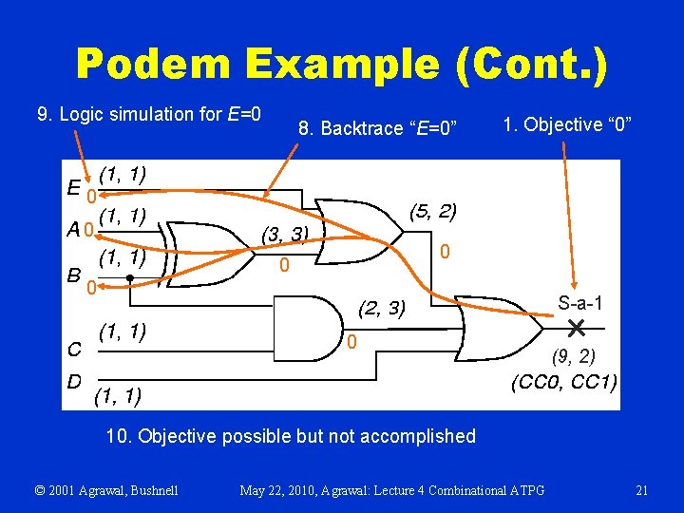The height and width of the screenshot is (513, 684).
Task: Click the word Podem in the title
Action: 154,64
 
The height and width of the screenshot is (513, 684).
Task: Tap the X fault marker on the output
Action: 575,329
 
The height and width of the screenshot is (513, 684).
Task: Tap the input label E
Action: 73,186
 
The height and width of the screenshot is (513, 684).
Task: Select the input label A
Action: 73,229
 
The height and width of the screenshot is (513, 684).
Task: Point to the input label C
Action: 73,348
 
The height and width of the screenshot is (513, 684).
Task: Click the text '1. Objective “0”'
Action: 568,124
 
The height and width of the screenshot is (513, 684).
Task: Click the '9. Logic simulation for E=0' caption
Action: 149,115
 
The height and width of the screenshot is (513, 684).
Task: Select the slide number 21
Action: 641,490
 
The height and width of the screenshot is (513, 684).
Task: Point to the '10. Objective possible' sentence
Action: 291,436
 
